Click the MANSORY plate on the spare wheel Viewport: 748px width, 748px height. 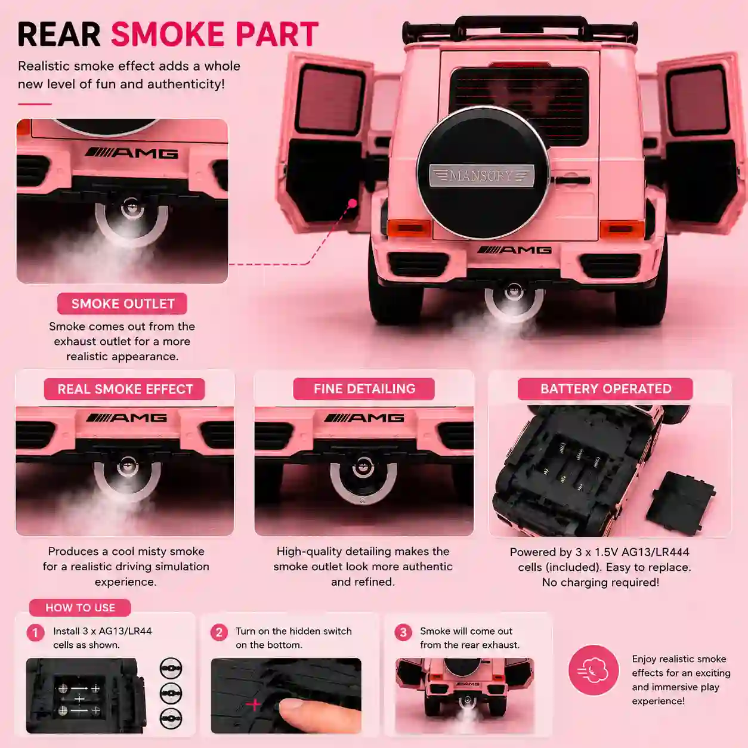482,175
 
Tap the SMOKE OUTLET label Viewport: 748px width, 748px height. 122,304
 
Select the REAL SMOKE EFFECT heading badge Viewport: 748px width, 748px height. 124,389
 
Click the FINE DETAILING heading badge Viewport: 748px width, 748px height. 364,388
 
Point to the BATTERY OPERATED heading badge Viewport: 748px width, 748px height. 605,388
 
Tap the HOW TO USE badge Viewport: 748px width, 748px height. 80,607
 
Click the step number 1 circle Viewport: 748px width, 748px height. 35,633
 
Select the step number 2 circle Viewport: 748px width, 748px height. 219,633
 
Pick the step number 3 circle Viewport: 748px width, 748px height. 403,633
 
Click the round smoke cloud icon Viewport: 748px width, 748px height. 594,670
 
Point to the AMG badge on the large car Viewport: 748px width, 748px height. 514,250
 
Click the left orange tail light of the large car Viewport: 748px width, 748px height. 409,228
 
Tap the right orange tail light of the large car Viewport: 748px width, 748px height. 622,229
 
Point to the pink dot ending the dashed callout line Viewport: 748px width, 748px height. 353,203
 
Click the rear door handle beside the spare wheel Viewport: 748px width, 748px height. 571,180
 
